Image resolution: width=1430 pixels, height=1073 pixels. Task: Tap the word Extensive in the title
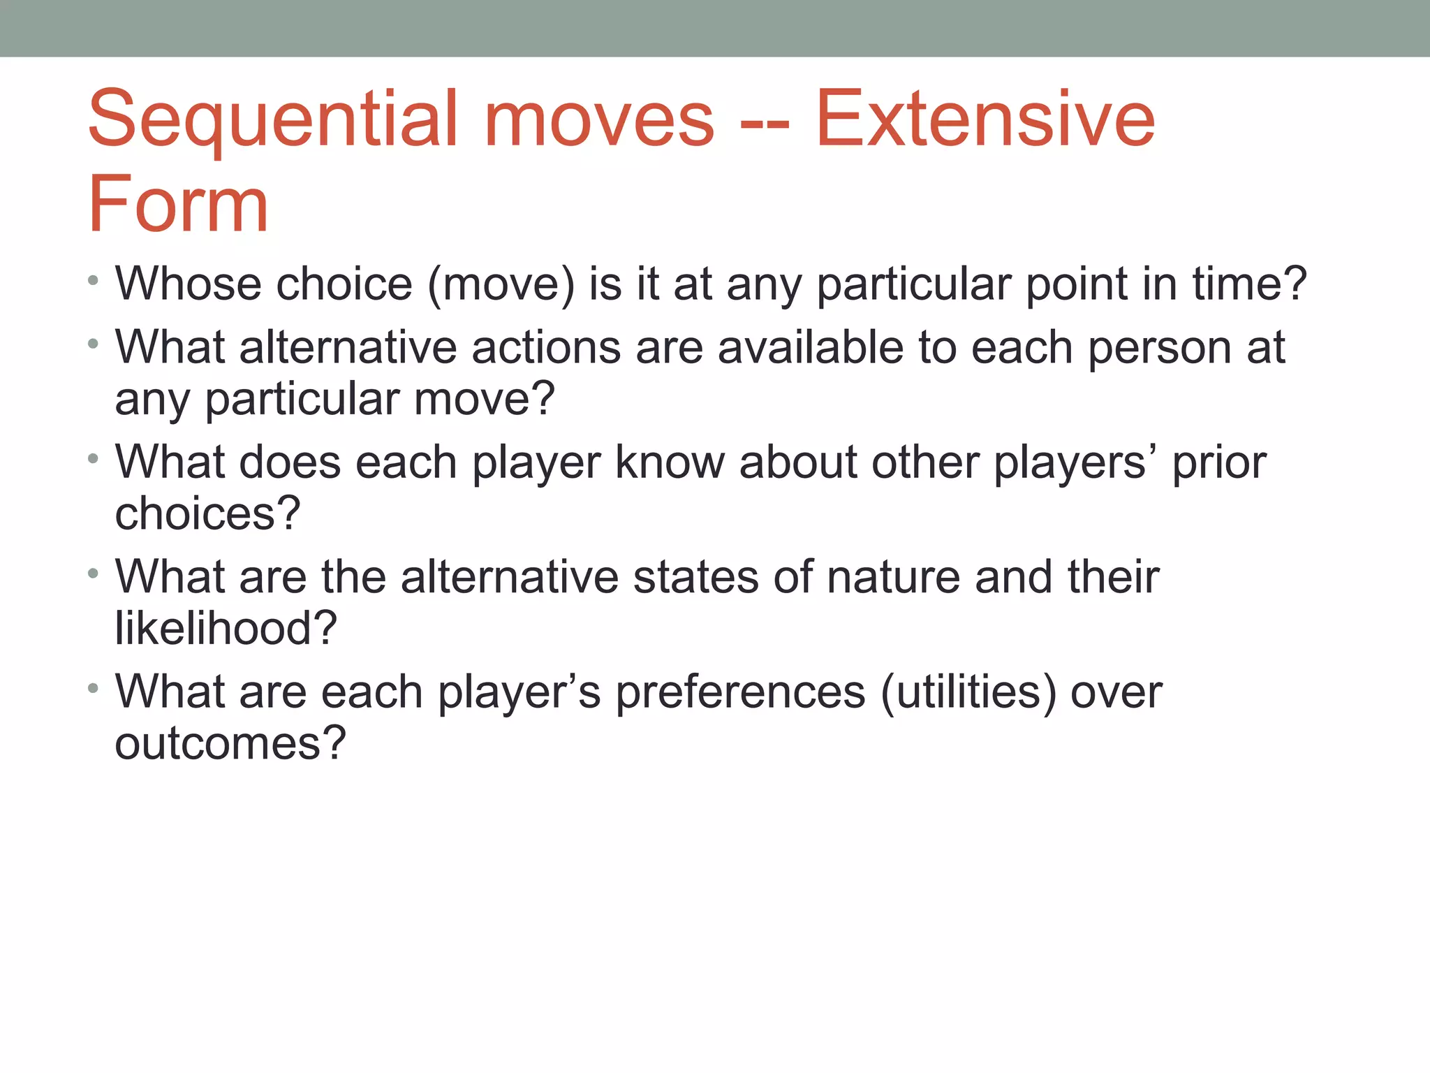coord(985,120)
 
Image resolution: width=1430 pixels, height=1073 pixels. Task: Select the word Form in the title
coord(178,205)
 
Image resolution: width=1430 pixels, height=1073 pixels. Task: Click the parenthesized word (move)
coord(501,286)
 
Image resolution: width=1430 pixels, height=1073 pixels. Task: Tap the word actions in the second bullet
coord(546,348)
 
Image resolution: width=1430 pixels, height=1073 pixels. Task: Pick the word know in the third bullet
coord(669,462)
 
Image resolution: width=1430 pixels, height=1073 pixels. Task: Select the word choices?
coord(207,514)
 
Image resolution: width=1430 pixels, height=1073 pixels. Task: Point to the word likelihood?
coord(226,628)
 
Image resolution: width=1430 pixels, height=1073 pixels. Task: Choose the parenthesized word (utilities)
coord(968,694)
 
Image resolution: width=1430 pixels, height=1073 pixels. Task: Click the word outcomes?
coord(230,743)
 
